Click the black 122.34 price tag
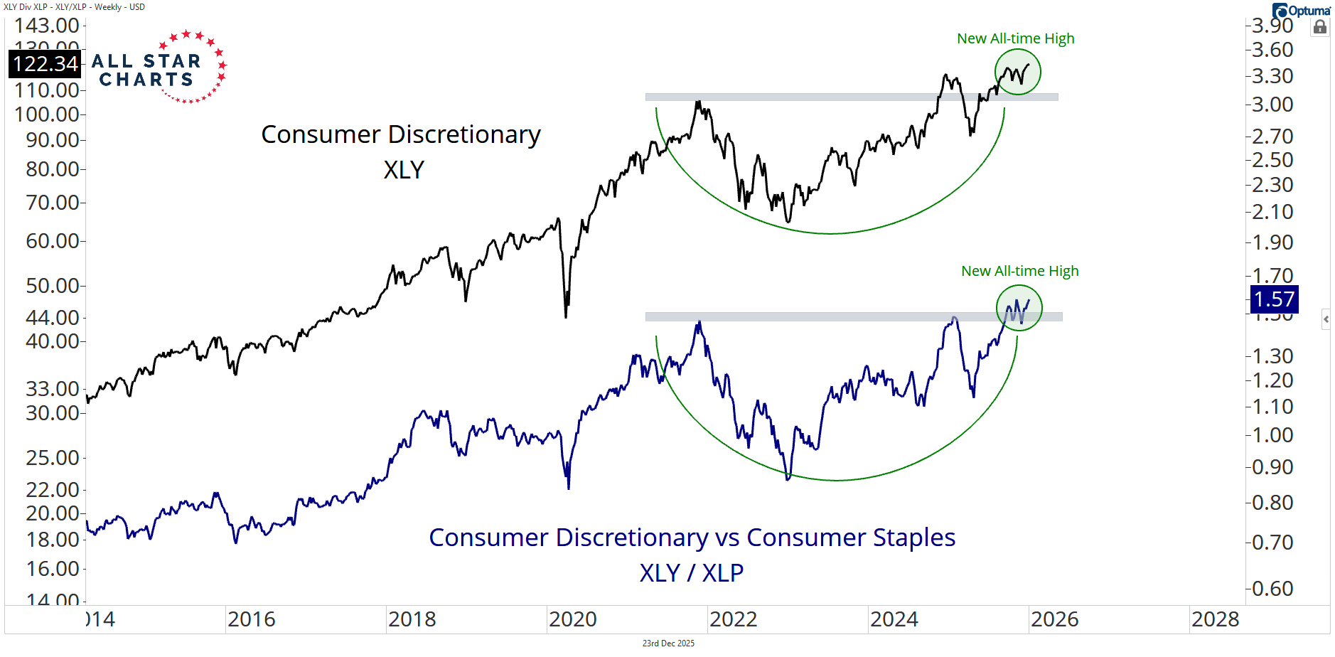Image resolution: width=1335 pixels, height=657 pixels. [x=45, y=64]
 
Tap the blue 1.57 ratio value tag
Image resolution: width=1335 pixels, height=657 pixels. [x=1274, y=299]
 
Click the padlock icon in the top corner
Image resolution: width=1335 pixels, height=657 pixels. [x=1320, y=27]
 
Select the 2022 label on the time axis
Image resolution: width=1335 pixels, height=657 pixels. [x=733, y=619]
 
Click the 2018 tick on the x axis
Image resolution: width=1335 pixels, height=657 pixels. [x=412, y=619]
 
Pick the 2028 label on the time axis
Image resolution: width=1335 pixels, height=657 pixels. [x=1215, y=619]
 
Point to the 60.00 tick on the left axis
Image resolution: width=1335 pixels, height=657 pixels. [x=52, y=241]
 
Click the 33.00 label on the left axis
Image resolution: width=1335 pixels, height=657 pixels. [x=52, y=389]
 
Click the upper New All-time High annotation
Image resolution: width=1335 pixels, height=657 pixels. [x=1015, y=38]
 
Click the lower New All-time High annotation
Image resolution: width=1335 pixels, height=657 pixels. [x=1019, y=271]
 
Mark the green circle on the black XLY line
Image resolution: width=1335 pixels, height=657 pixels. [x=1018, y=72]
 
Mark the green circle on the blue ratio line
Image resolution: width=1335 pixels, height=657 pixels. [x=1019, y=308]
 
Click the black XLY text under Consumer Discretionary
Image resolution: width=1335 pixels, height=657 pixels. [x=404, y=170]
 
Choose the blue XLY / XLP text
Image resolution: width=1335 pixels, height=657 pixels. [x=691, y=572]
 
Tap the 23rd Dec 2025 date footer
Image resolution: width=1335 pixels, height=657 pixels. [x=668, y=643]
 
